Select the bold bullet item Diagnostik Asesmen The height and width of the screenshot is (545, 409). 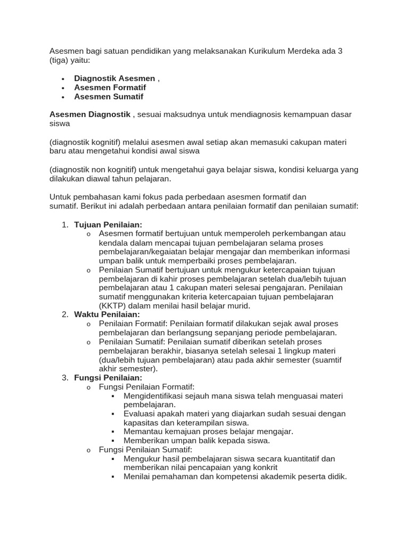point(114,78)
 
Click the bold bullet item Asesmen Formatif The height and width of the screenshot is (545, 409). point(110,87)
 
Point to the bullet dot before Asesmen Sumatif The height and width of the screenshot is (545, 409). point(63,97)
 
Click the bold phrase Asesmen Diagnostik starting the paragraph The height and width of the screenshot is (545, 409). point(90,114)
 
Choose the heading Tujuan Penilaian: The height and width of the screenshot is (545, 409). point(108,225)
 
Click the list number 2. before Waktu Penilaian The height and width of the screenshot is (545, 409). point(64,315)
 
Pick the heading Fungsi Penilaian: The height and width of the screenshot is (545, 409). point(108,377)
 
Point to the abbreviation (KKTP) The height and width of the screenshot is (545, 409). point(113,305)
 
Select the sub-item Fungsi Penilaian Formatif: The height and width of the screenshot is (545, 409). point(147,386)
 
